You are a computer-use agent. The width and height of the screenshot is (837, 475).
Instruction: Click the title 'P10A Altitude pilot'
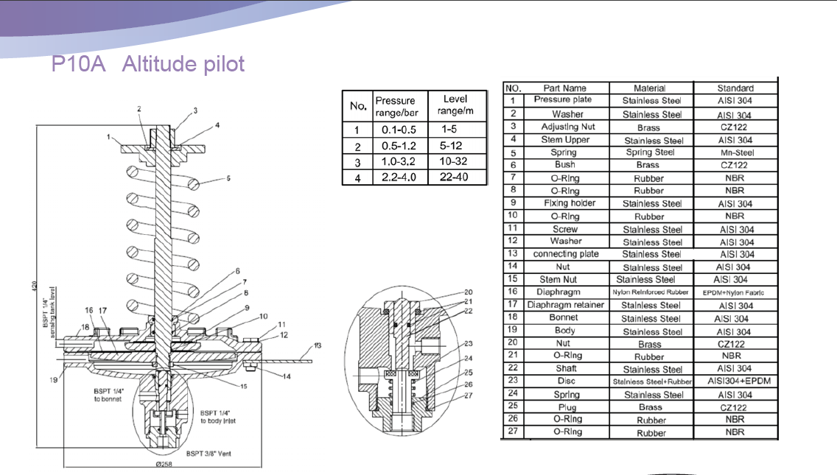147,64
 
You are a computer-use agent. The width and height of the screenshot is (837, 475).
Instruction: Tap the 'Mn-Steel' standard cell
735,152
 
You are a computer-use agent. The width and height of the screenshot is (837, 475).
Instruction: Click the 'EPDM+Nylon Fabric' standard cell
735,292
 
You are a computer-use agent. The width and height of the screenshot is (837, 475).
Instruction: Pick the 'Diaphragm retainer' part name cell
565,305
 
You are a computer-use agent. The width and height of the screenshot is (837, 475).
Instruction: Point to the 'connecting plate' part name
565,254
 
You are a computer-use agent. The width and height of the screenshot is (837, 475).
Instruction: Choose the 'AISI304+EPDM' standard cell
735,381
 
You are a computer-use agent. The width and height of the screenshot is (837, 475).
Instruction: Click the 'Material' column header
649,88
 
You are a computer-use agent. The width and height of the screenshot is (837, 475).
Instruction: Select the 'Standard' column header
735,88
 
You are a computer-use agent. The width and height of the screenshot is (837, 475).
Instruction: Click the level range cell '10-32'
455,161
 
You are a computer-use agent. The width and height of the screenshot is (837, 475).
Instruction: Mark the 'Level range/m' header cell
455,105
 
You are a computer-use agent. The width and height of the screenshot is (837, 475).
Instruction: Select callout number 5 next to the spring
229,177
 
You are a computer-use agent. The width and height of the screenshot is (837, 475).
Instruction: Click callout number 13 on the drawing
318,345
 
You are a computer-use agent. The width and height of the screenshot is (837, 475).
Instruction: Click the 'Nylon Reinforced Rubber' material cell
650,292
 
